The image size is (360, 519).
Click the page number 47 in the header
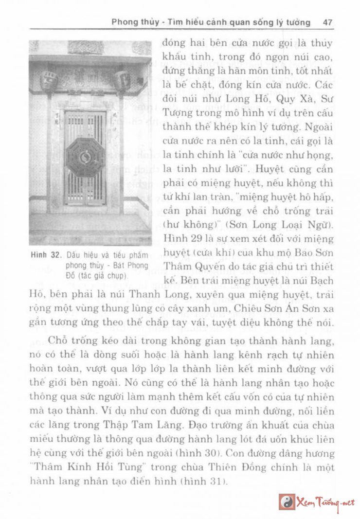(327, 22)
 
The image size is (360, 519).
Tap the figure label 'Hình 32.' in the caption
(45, 255)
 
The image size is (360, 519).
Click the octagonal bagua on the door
(85, 157)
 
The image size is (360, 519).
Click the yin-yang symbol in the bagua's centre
(85, 157)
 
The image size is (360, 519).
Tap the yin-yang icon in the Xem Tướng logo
(287, 502)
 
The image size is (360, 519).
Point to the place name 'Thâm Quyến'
(190, 266)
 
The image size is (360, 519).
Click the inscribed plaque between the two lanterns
(86, 78)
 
